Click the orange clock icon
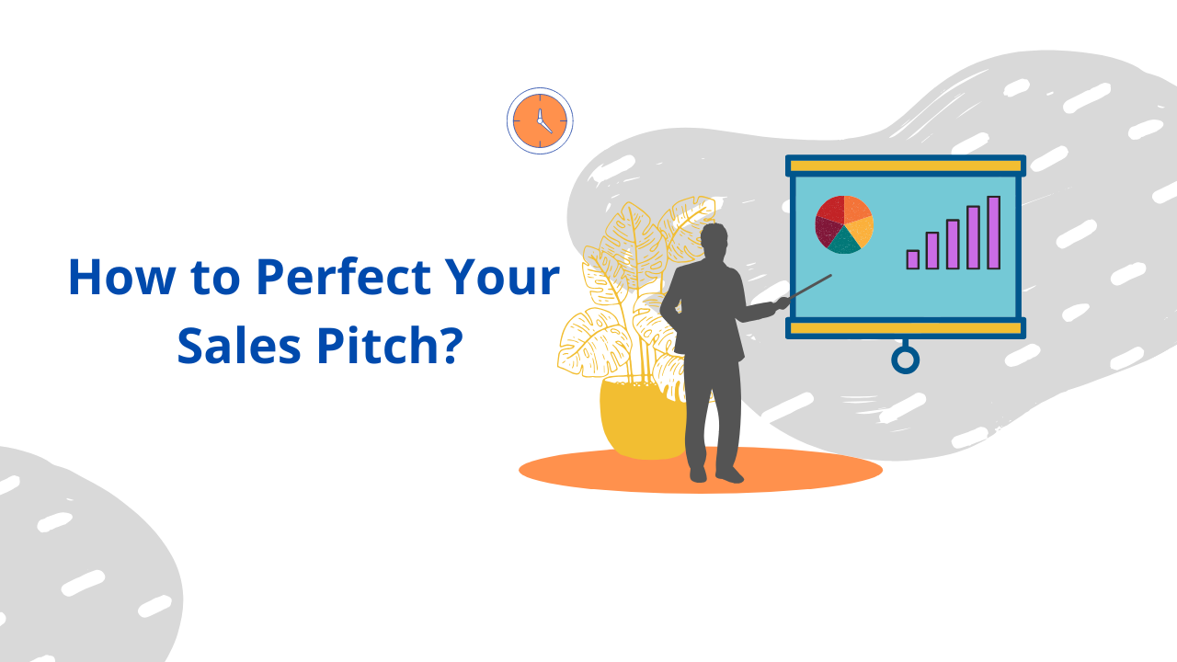540,120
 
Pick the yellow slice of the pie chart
861,229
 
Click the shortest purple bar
912,259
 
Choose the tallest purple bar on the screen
993,233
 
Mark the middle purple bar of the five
953,245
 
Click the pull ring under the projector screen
906,360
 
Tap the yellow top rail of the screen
906,166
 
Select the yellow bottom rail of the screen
906,328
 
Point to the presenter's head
714,241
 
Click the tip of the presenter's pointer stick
829,275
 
